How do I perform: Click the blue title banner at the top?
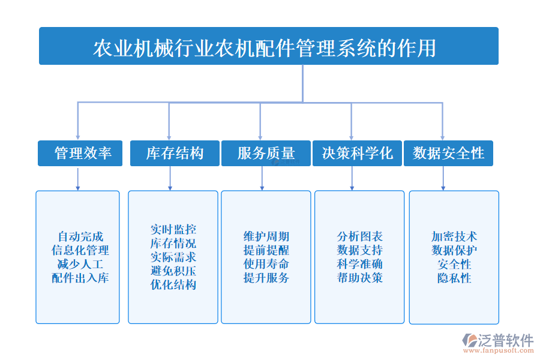point(268,46)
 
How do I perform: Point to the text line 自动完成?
point(80,236)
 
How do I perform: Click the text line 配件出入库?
point(80,278)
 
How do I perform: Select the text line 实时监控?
point(173,230)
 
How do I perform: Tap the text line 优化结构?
point(173,285)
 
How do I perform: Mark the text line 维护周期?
point(266,236)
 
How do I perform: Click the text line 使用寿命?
point(266,264)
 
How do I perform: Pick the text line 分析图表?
point(359,236)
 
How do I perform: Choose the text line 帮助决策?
point(359,278)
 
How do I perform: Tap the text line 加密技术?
point(454,236)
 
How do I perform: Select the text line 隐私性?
point(454,278)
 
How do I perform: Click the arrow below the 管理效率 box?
point(77,179)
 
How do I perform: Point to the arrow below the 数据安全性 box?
point(443,179)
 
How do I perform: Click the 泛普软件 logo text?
point(505,340)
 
